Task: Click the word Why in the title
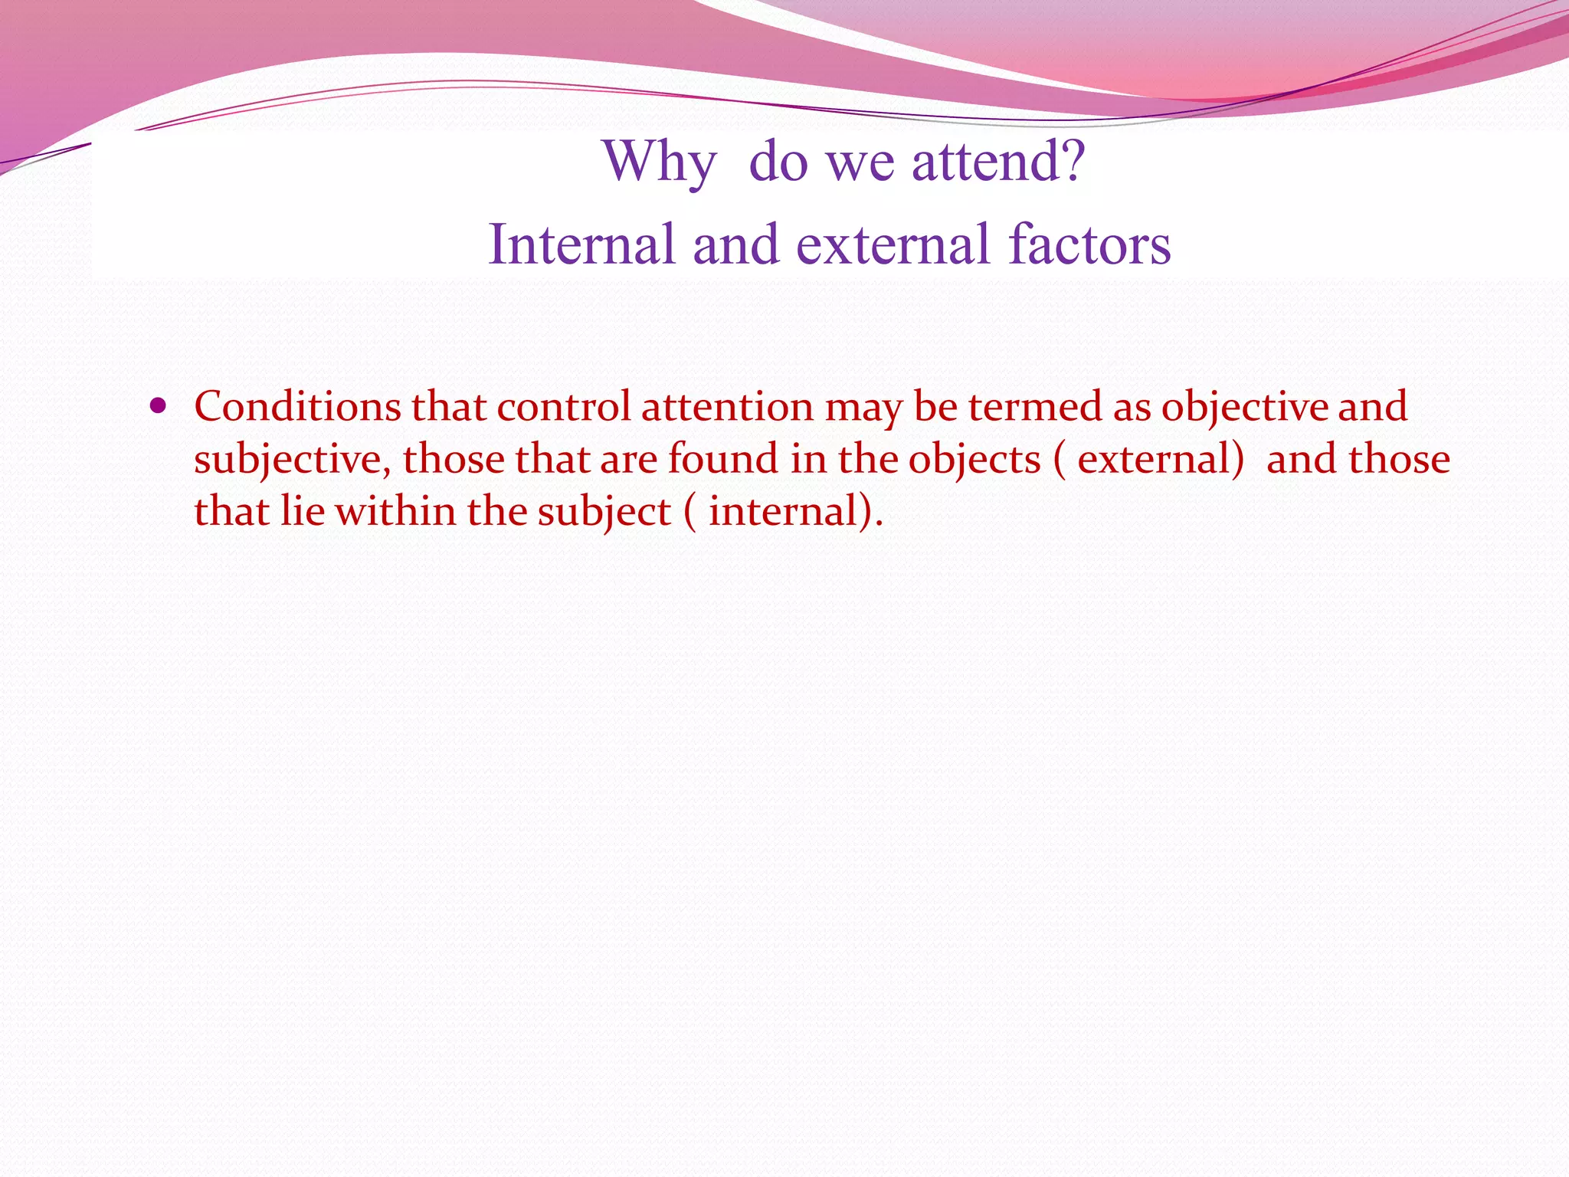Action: (x=660, y=162)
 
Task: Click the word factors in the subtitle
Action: (x=1089, y=244)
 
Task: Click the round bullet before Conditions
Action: (x=159, y=406)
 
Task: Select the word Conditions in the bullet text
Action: (x=297, y=406)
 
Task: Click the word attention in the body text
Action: (x=727, y=406)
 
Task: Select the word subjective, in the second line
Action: (x=292, y=461)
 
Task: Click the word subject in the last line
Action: (x=604, y=513)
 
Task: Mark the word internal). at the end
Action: (x=795, y=511)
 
